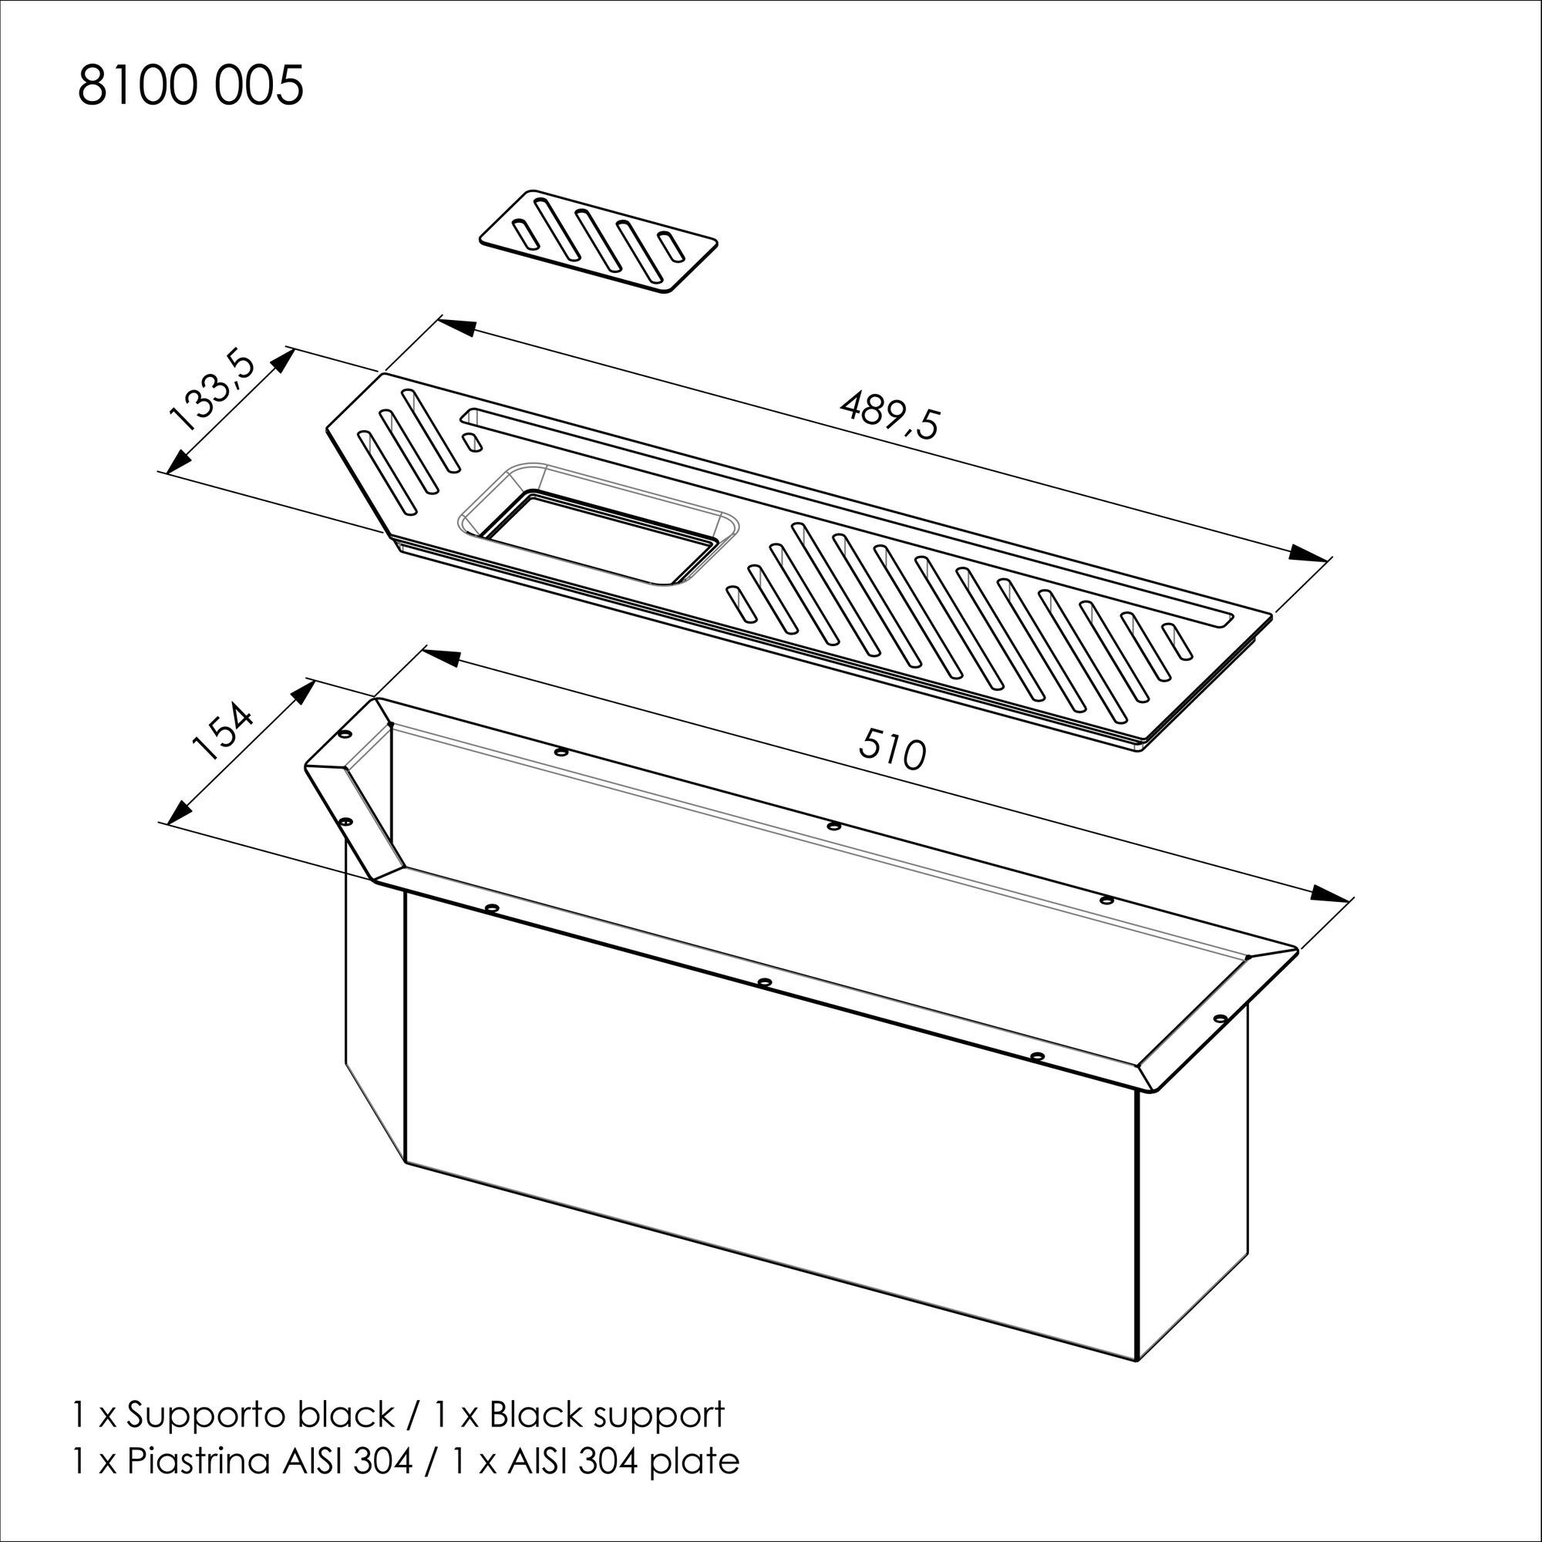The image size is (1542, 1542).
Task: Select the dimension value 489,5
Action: tap(891, 412)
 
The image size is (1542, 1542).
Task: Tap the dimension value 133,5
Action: tap(211, 391)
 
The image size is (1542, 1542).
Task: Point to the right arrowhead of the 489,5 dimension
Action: tap(1310, 554)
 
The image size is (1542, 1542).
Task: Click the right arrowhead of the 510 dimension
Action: tap(1332, 894)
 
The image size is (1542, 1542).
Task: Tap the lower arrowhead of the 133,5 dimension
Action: tap(180, 459)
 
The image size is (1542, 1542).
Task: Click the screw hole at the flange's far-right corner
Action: tap(1219, 1019)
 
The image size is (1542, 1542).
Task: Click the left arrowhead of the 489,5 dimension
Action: tap(456, 326)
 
